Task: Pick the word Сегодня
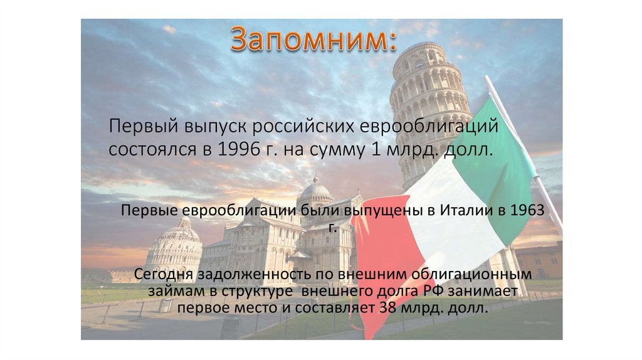pos(164,275)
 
